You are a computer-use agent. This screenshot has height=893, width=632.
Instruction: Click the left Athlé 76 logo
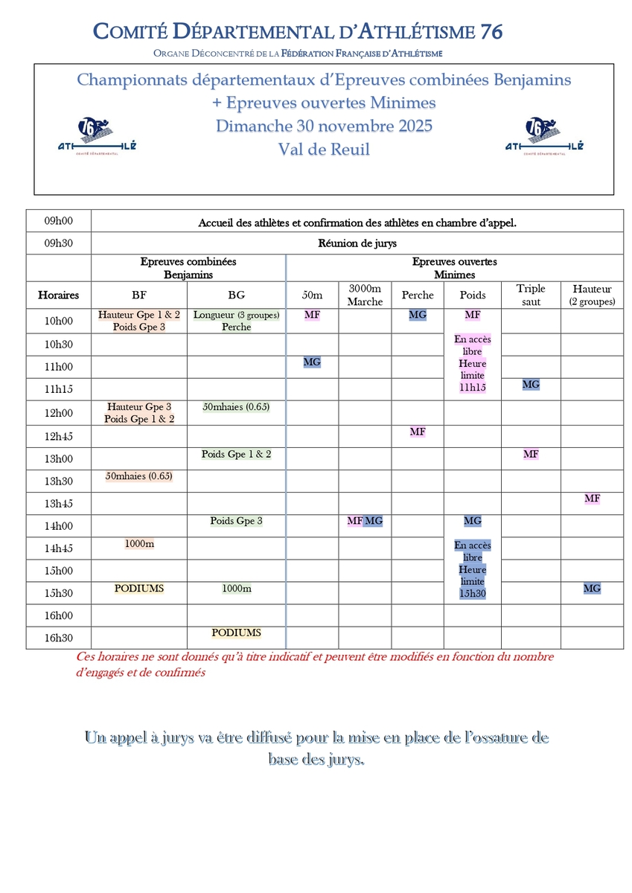[x=97, y=135]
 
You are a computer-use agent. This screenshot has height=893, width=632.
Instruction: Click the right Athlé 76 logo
[x=544, y=135]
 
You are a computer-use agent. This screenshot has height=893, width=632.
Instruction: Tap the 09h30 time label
[x=58, y=243]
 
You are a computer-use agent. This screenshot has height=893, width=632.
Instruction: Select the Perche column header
[x=418, y=295]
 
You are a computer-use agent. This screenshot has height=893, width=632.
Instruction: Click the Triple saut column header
[x=531, y=295]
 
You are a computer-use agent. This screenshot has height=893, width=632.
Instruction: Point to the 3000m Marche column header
[x=365, y=295]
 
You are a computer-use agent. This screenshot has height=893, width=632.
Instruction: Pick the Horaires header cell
[x=58, y=295]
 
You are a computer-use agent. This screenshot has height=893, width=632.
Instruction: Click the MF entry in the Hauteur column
[x=592, y=499]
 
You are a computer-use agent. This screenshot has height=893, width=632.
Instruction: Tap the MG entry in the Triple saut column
[x=531, y=385]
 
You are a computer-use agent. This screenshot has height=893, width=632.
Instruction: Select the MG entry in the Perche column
[x=418, y=315]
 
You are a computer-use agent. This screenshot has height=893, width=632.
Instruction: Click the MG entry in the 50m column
[x=312, y=362]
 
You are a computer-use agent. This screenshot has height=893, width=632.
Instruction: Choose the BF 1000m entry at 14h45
[x=139, y=544]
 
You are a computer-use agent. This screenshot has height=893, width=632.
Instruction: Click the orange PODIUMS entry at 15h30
[x=139, y=589]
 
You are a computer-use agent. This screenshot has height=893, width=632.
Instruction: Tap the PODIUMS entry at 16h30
[x=236, y=633]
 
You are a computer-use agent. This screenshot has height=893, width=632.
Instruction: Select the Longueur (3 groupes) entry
[x=236, y=315]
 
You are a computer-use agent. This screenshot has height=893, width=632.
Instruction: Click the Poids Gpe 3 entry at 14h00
[x=236, y=521]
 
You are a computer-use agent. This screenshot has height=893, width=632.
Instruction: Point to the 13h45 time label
[x=58, y=503]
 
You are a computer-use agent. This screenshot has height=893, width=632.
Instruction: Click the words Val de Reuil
[x=324, y=149]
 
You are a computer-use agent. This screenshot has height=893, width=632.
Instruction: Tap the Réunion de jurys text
[x=357, y=243]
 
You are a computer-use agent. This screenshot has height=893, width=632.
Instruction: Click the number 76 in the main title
[x=491, y=31]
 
